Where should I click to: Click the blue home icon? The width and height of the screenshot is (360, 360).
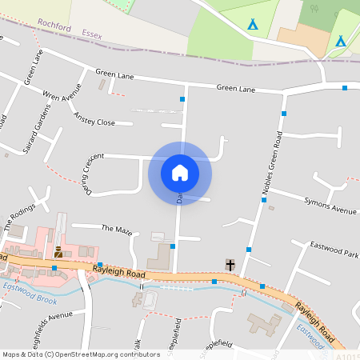(180, 172)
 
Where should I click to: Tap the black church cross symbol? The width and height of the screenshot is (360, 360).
(230, 265)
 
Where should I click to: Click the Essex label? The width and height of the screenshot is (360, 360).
(93, 34)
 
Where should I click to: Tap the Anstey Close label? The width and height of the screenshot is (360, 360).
(94, 118)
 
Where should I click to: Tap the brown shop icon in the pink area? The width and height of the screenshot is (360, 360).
(58, 251)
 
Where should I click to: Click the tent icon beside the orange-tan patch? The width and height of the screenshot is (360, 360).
(340, 40)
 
